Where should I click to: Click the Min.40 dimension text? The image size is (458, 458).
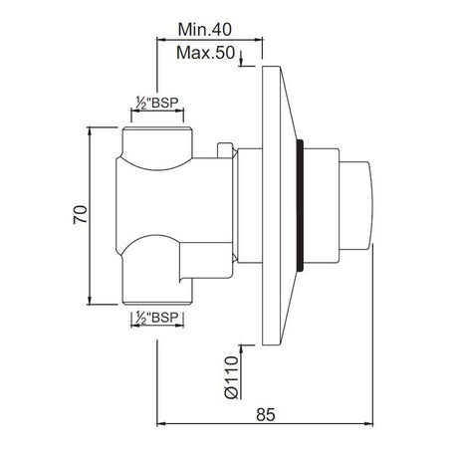(204, 30)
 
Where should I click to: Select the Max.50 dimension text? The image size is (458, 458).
(205, 53)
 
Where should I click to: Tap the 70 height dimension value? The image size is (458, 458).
(81, 215)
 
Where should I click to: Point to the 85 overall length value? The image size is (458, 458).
(266, 414)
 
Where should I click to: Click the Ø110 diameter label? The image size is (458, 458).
(232, 377)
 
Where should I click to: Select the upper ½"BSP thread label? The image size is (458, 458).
(156, 103)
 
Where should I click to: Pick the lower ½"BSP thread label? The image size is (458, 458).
(156, 318)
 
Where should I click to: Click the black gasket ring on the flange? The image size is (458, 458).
(300, 206)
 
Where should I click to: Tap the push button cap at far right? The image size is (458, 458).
(356, 206)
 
